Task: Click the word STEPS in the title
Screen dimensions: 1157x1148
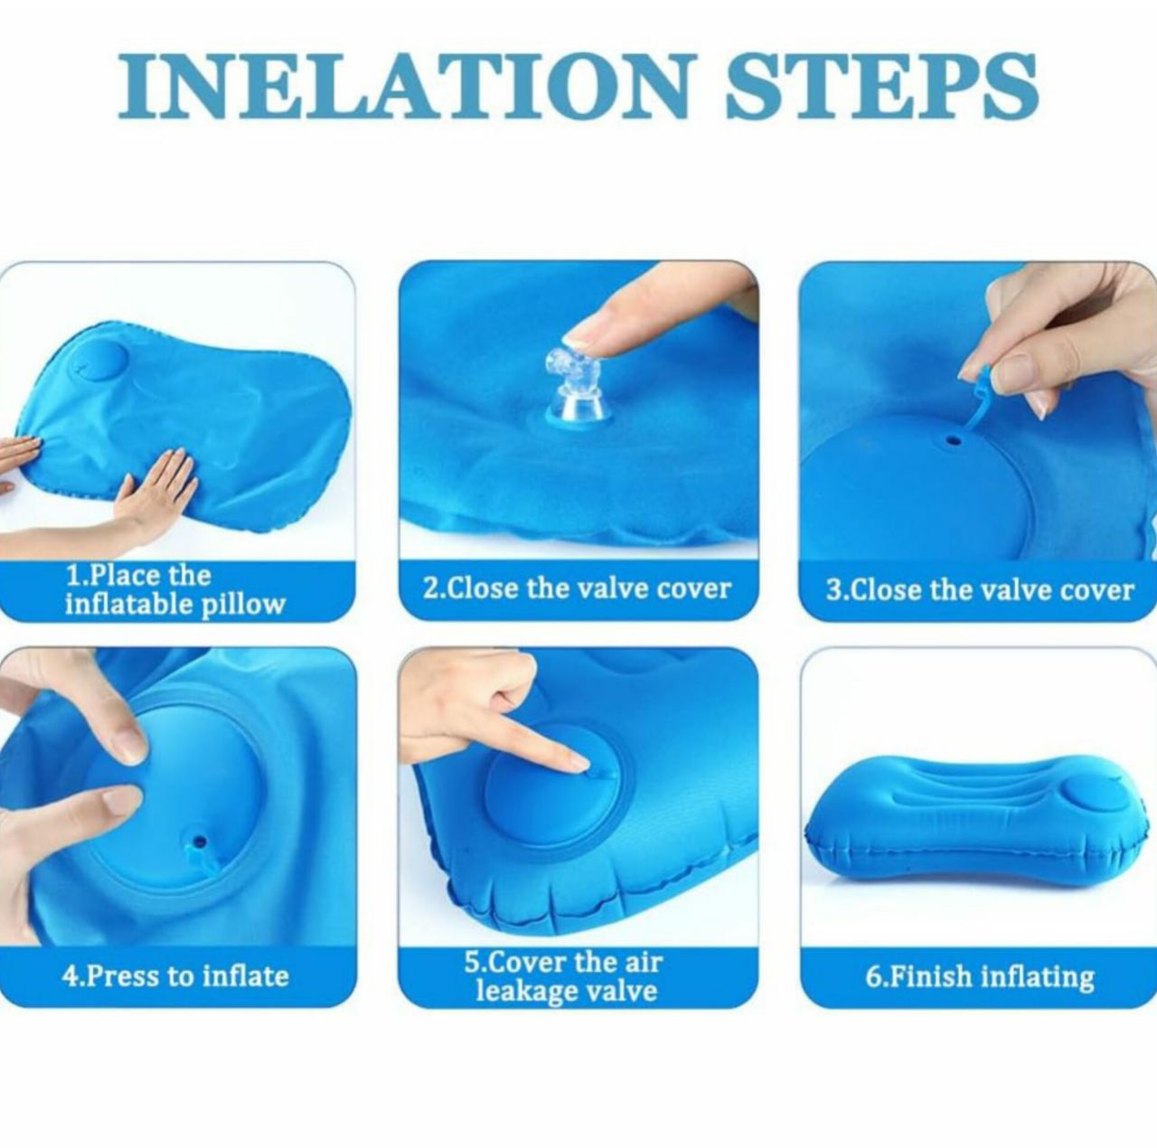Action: (x=882, y=86)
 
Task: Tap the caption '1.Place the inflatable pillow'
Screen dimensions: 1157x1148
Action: (x=174, y=591)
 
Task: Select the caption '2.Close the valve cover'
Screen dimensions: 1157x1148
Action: (x=577, y=588)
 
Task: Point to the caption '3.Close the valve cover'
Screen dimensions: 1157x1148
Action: (x=979, y=590)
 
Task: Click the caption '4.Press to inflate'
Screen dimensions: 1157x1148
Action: (x=175, y=975)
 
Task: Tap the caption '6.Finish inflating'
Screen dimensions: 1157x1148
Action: (x=979, y=976)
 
